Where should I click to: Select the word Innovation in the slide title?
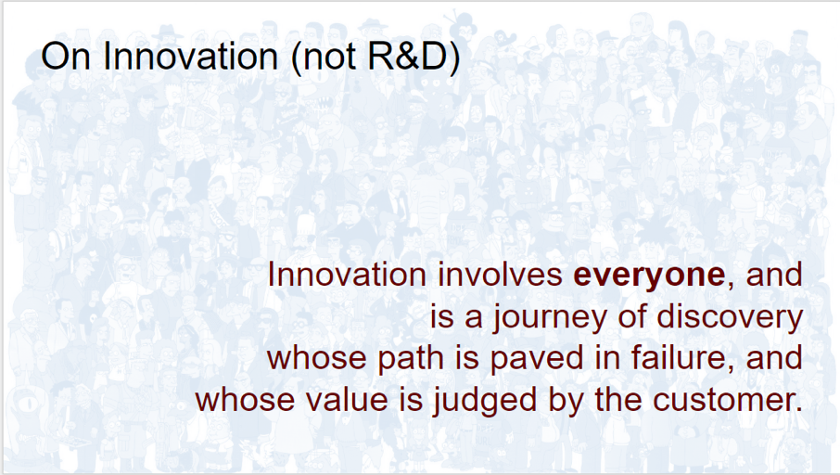click(x=191, y=56)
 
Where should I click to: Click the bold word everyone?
click(x=649, y=276)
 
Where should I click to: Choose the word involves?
click(x=500, y=275)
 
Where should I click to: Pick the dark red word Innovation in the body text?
click(x=347, y=275)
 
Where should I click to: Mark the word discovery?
click(x=730, y=317)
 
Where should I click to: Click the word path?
click(x=411, y=359)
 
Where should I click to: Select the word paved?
click(x=536, y=359)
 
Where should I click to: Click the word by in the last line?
click(x=566, y=401)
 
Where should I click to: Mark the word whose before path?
click(x=317, y=359)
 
